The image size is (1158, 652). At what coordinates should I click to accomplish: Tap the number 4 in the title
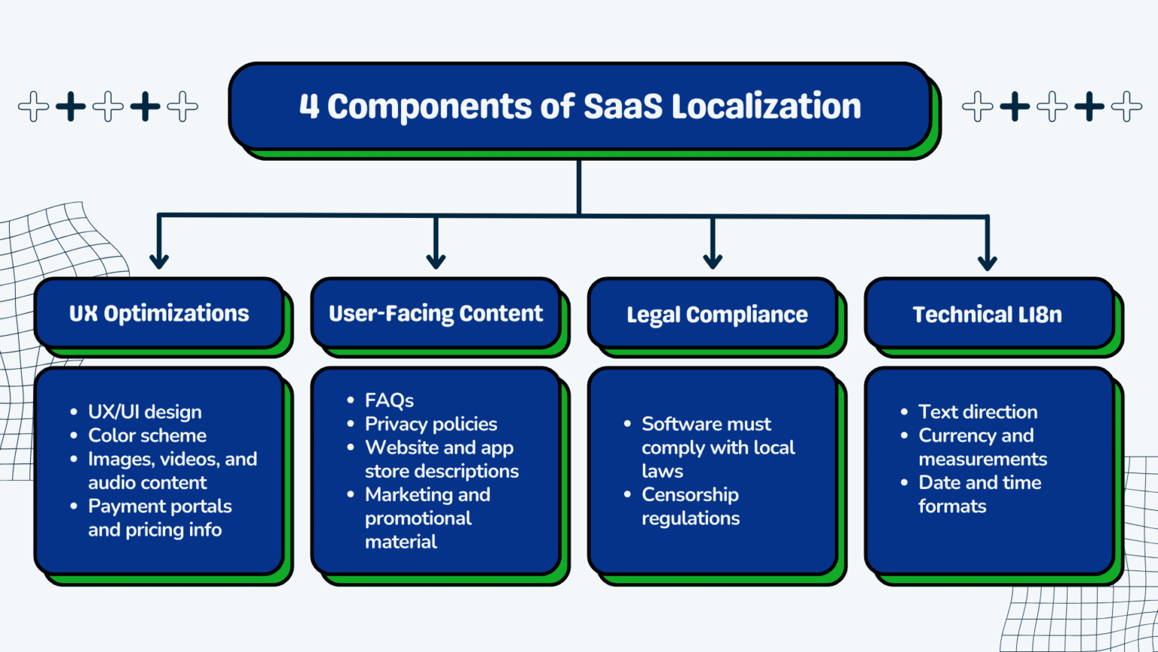[x=309, y=106]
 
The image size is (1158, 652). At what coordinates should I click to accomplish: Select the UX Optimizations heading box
[x=159, y=313]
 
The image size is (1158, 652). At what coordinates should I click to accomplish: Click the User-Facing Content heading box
[x=436, y=313]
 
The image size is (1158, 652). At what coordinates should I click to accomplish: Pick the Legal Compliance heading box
[x=716, y=314]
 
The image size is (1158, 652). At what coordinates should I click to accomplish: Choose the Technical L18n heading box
[x=987, y=314]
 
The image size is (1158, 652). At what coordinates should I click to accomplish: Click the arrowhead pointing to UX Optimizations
[x=159, y=260]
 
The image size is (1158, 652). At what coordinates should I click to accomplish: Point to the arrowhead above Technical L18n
[x=987, y=261]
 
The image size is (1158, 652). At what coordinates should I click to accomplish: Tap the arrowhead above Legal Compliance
[x=712, y=260]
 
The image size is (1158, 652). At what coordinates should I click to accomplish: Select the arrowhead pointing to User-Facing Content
[x=436, y=260]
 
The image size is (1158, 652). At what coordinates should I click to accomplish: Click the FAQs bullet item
[x=389, y=400]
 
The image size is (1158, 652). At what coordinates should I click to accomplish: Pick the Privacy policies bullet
[x=430, y=424]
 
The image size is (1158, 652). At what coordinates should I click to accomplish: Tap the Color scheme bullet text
[x=147, y=435]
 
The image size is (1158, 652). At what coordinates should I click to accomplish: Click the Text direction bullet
[x=978, y=412]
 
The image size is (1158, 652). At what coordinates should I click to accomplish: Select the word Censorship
[x=690, y=495]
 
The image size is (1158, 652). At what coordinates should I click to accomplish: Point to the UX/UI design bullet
[x=145, y=412]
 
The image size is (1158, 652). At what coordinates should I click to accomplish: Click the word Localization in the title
[x=766, y=106]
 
